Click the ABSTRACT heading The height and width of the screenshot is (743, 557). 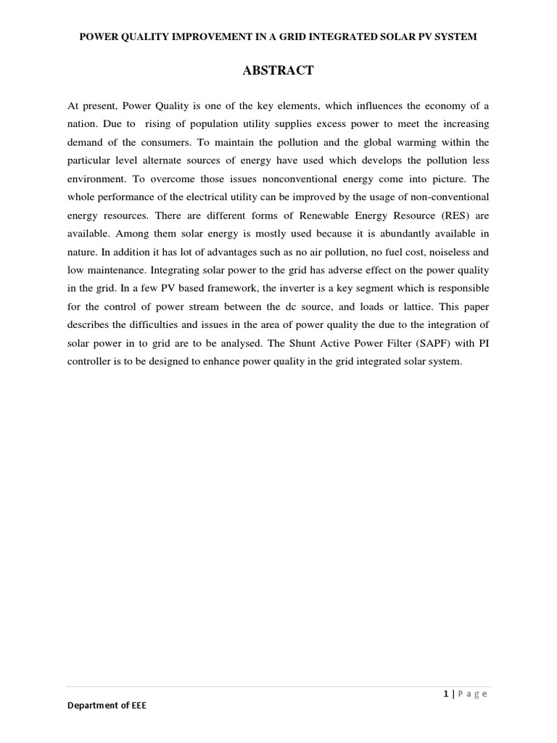(x=278, y=70)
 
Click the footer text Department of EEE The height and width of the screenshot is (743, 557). (x=107, y=705)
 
